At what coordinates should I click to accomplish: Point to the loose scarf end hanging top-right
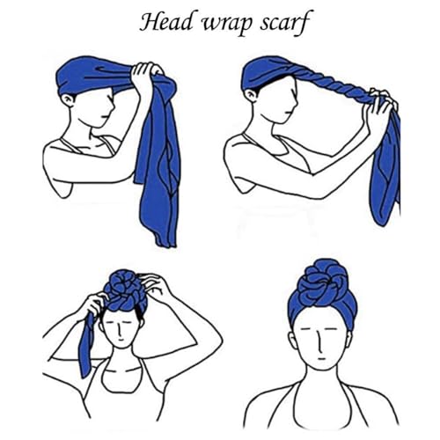tap(387, 167)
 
